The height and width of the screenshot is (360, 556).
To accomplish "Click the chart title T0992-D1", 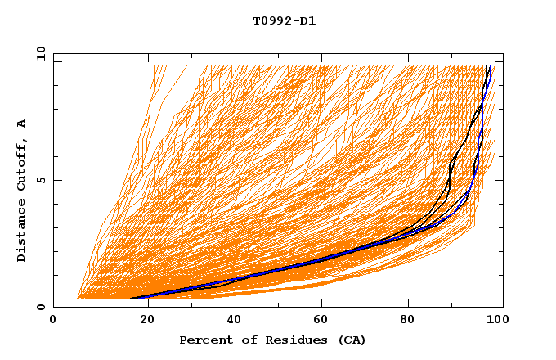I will point(284,21).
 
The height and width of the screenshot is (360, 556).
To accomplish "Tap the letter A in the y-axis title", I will point(22,124).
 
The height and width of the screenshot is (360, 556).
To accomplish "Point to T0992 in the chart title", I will point(271,21).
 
